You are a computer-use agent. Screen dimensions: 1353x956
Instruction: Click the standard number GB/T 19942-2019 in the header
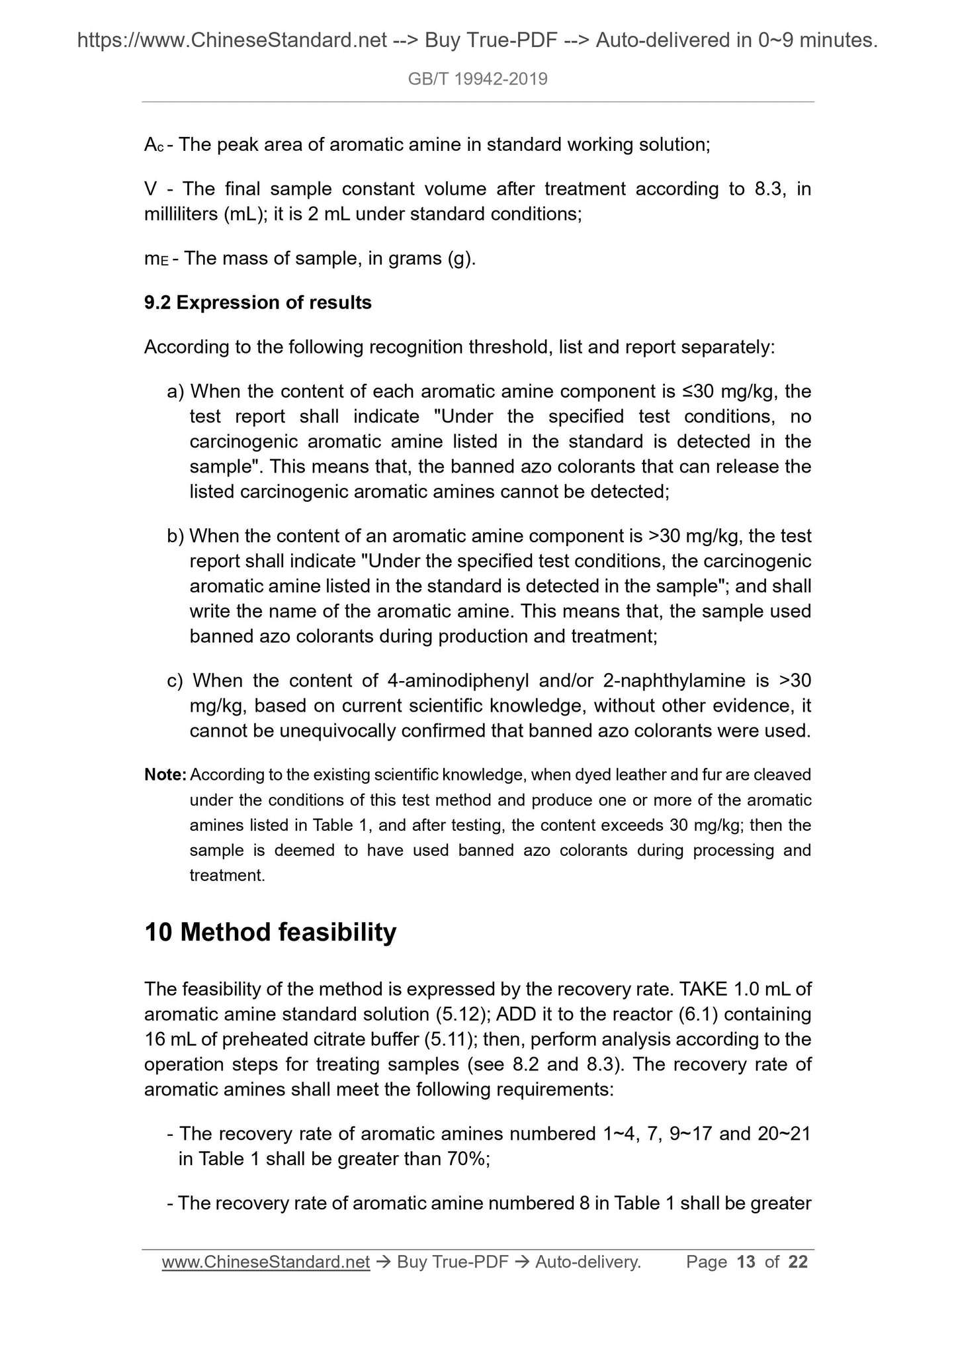(478, 79)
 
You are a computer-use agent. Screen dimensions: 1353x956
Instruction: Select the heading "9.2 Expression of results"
(258, 303)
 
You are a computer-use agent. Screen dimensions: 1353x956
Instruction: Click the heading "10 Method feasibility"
(270, 932)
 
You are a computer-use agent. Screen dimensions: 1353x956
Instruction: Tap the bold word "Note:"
(165, 774)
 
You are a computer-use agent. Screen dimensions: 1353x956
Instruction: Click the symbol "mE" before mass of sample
(156, 259)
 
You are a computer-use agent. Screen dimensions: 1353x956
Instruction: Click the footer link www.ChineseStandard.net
(265, 1262)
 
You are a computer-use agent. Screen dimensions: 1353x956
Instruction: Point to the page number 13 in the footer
(746, 1262)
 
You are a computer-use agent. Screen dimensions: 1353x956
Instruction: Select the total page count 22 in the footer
(798, 1262)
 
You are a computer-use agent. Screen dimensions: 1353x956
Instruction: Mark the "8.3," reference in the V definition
(770, 189)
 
